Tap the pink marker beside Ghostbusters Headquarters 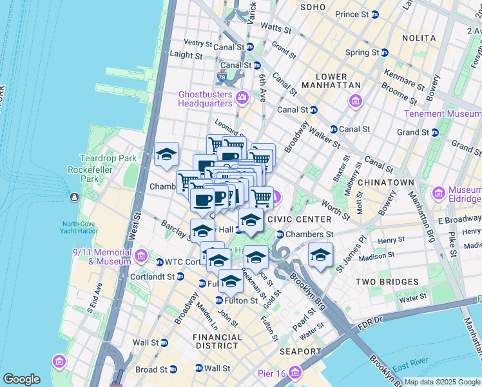[x=242, y=98]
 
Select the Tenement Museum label [x=442, y=114]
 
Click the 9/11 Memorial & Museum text [x=103, y=256]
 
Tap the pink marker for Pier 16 [x=296, y=372]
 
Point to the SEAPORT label [x=300, y=352]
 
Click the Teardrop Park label [x=99, y=158]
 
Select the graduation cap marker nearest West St [x=167, y=155]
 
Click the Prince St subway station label [x=356, y=14]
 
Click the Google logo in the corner [x=21, y=379]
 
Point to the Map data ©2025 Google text [x=442, y=382]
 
